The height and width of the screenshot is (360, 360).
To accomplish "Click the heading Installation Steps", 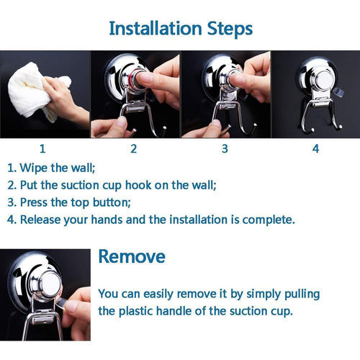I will [x=180, y=28].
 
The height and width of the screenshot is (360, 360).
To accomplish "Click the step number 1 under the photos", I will [x=42, y=149].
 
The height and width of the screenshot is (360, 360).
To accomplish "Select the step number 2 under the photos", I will [x=133, y=149].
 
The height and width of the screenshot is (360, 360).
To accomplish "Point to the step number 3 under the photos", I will [x=225, y=149].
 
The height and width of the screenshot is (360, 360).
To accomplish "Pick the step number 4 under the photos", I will [x=315, y=149].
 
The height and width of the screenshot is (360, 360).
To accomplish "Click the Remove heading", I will [x=132, y=256].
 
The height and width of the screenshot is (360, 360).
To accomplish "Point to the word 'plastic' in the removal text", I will [x=148, y=311].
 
